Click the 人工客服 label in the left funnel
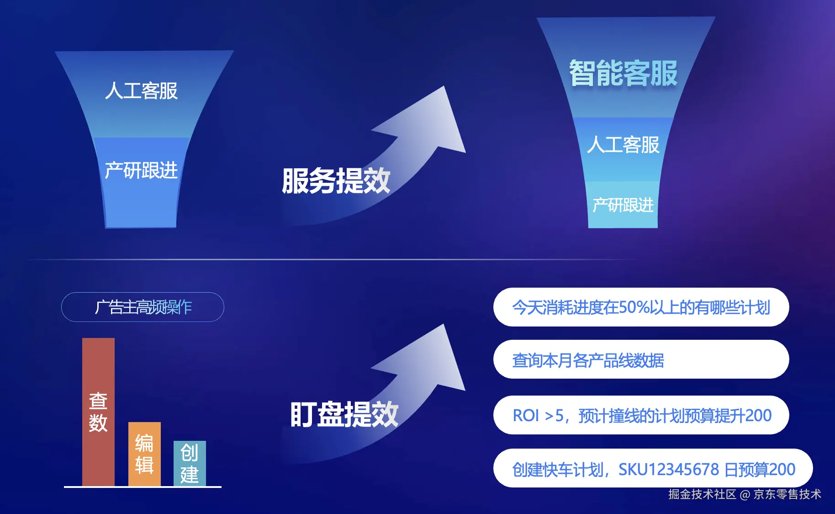coord(141,91)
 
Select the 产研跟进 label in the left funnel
coord(141,171)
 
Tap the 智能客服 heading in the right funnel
coord(623,73)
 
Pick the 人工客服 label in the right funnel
coord(623,145)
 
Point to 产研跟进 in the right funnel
coord(623,205)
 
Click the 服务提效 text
coord(336,181)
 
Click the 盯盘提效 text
coord(344,415)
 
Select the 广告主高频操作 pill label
coord(143,307)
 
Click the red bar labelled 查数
coord(98,412)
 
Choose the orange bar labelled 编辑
coord(144,454)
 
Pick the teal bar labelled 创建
coord(190,463)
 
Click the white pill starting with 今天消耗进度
coord(640,307)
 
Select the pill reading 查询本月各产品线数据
coord(640,360)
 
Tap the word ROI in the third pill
coord(526,416)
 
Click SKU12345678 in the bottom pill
coord(669,470)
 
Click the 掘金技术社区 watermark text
coord(702,494)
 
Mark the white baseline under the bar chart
coord(143,487)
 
